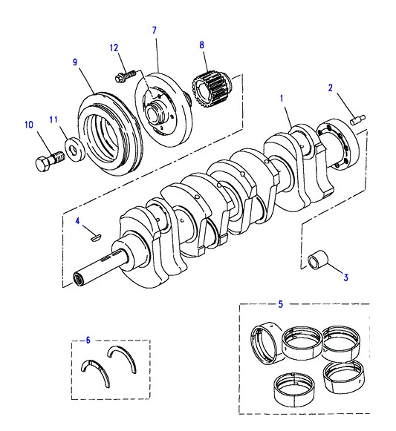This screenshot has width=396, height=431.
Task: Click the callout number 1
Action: tap(282, 98)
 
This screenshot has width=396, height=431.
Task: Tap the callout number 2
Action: tap(331, 88)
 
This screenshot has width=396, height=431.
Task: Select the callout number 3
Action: tap(346, 277)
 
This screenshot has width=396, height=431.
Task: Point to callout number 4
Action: tap(77, 221)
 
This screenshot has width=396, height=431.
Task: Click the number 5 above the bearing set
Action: tap(280, 304)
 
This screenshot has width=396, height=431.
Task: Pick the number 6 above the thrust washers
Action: tap(88, 340)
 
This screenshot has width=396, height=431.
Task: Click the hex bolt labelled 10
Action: tap(50, 162)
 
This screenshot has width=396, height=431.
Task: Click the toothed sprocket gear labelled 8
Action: tap(212, 89)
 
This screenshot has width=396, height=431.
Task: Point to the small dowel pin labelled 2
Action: tap(357, 120)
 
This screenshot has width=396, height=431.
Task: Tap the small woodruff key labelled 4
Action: tap(96, 237)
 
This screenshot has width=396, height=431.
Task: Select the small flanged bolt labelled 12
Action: tap(126, 76)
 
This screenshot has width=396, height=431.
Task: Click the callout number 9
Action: tap(75, 62)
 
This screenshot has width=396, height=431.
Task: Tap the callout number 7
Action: tap(155, 30)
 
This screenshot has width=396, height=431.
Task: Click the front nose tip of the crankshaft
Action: tap(79, 280)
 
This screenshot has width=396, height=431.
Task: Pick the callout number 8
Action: tap(202, 45)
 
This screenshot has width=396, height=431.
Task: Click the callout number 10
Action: tap(29, 125)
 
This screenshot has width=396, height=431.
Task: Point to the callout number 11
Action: tap(53, 119)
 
